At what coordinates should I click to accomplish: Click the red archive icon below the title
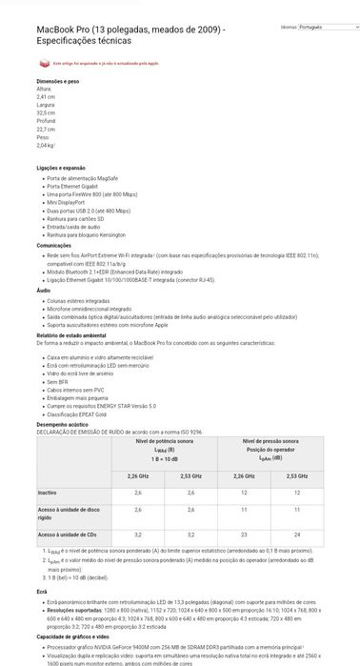(43, 63)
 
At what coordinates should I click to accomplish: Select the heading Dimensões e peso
(56, 82)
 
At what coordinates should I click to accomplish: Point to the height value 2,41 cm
(45, 97)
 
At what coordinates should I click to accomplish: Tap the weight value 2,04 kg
(45, 146)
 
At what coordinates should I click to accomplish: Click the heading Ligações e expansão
(61, 168)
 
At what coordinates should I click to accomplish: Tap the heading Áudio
(43, 290)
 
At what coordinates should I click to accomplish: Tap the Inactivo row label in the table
(47, 493)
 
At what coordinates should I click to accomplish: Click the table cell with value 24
(298, 535)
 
